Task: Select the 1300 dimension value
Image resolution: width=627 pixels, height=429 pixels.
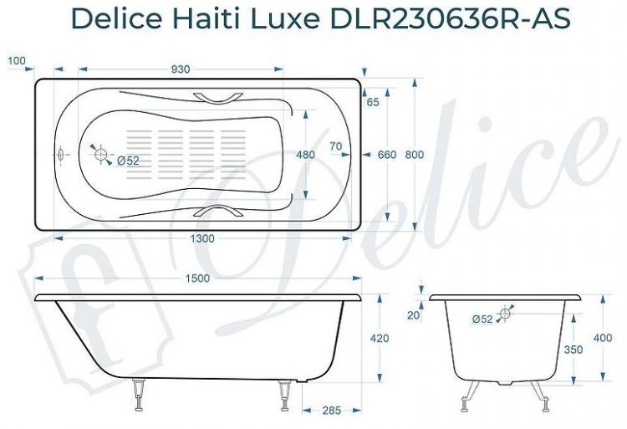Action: coord(201,238)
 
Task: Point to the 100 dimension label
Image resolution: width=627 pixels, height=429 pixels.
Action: coord(16,60)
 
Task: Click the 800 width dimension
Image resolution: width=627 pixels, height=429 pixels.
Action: coord(414,155)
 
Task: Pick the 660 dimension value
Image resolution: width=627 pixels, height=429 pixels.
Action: coord(386,155)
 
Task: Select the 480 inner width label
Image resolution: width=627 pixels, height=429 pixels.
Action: coord(306,155)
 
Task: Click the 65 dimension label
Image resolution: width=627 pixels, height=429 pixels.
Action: coord(372,102)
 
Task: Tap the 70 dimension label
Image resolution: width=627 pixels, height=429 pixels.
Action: coord(336,146)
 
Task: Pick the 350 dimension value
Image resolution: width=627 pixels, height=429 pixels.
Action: coord(573,350)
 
